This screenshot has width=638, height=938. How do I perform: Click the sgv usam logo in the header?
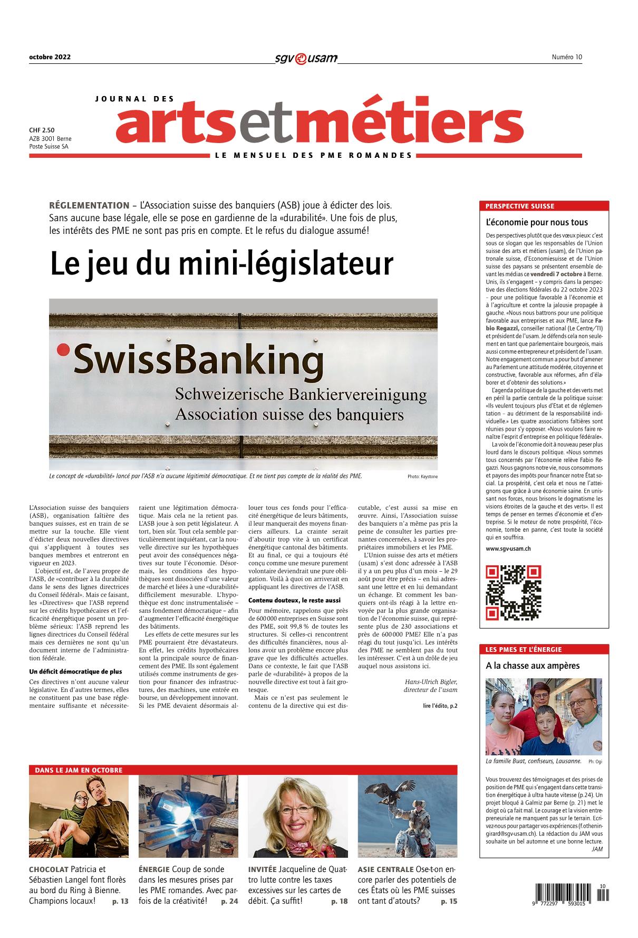pyautogui.click(x=306, y=58)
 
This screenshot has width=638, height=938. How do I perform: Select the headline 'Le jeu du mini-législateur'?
pyautogui.click(x=221, y=264)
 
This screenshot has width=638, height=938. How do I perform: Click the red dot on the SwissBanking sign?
pyautogui.click(x=63, y=349)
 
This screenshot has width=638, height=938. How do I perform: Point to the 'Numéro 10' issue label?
pyautogui.click(x=567, y=58)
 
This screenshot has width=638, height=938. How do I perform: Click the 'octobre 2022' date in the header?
pyautogui.click(x=50, y=58)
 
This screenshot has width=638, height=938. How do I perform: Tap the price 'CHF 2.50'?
pyautogui.click(x=42, y=130)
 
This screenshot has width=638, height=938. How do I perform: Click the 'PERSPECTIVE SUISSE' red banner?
pyautogui.click(x=543, y=206)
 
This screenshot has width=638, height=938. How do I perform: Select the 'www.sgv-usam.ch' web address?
pyautogui.click(x=508, y=549)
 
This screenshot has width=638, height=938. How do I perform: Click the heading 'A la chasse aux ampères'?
pyautogui.click(x=533, y=666)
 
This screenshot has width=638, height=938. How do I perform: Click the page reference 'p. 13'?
pyautogui.click(x=120, y=902)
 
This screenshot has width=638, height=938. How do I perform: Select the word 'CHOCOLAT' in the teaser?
pyautogui.click(x=49, y=869)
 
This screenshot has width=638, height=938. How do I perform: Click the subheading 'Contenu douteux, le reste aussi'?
pyautogui.click(x=294, y=600)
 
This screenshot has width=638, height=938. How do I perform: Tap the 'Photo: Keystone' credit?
pyautogui.click(x=422, y=477)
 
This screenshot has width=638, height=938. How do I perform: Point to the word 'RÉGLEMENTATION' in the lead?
pyautogui.click(x=89, y=205)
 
